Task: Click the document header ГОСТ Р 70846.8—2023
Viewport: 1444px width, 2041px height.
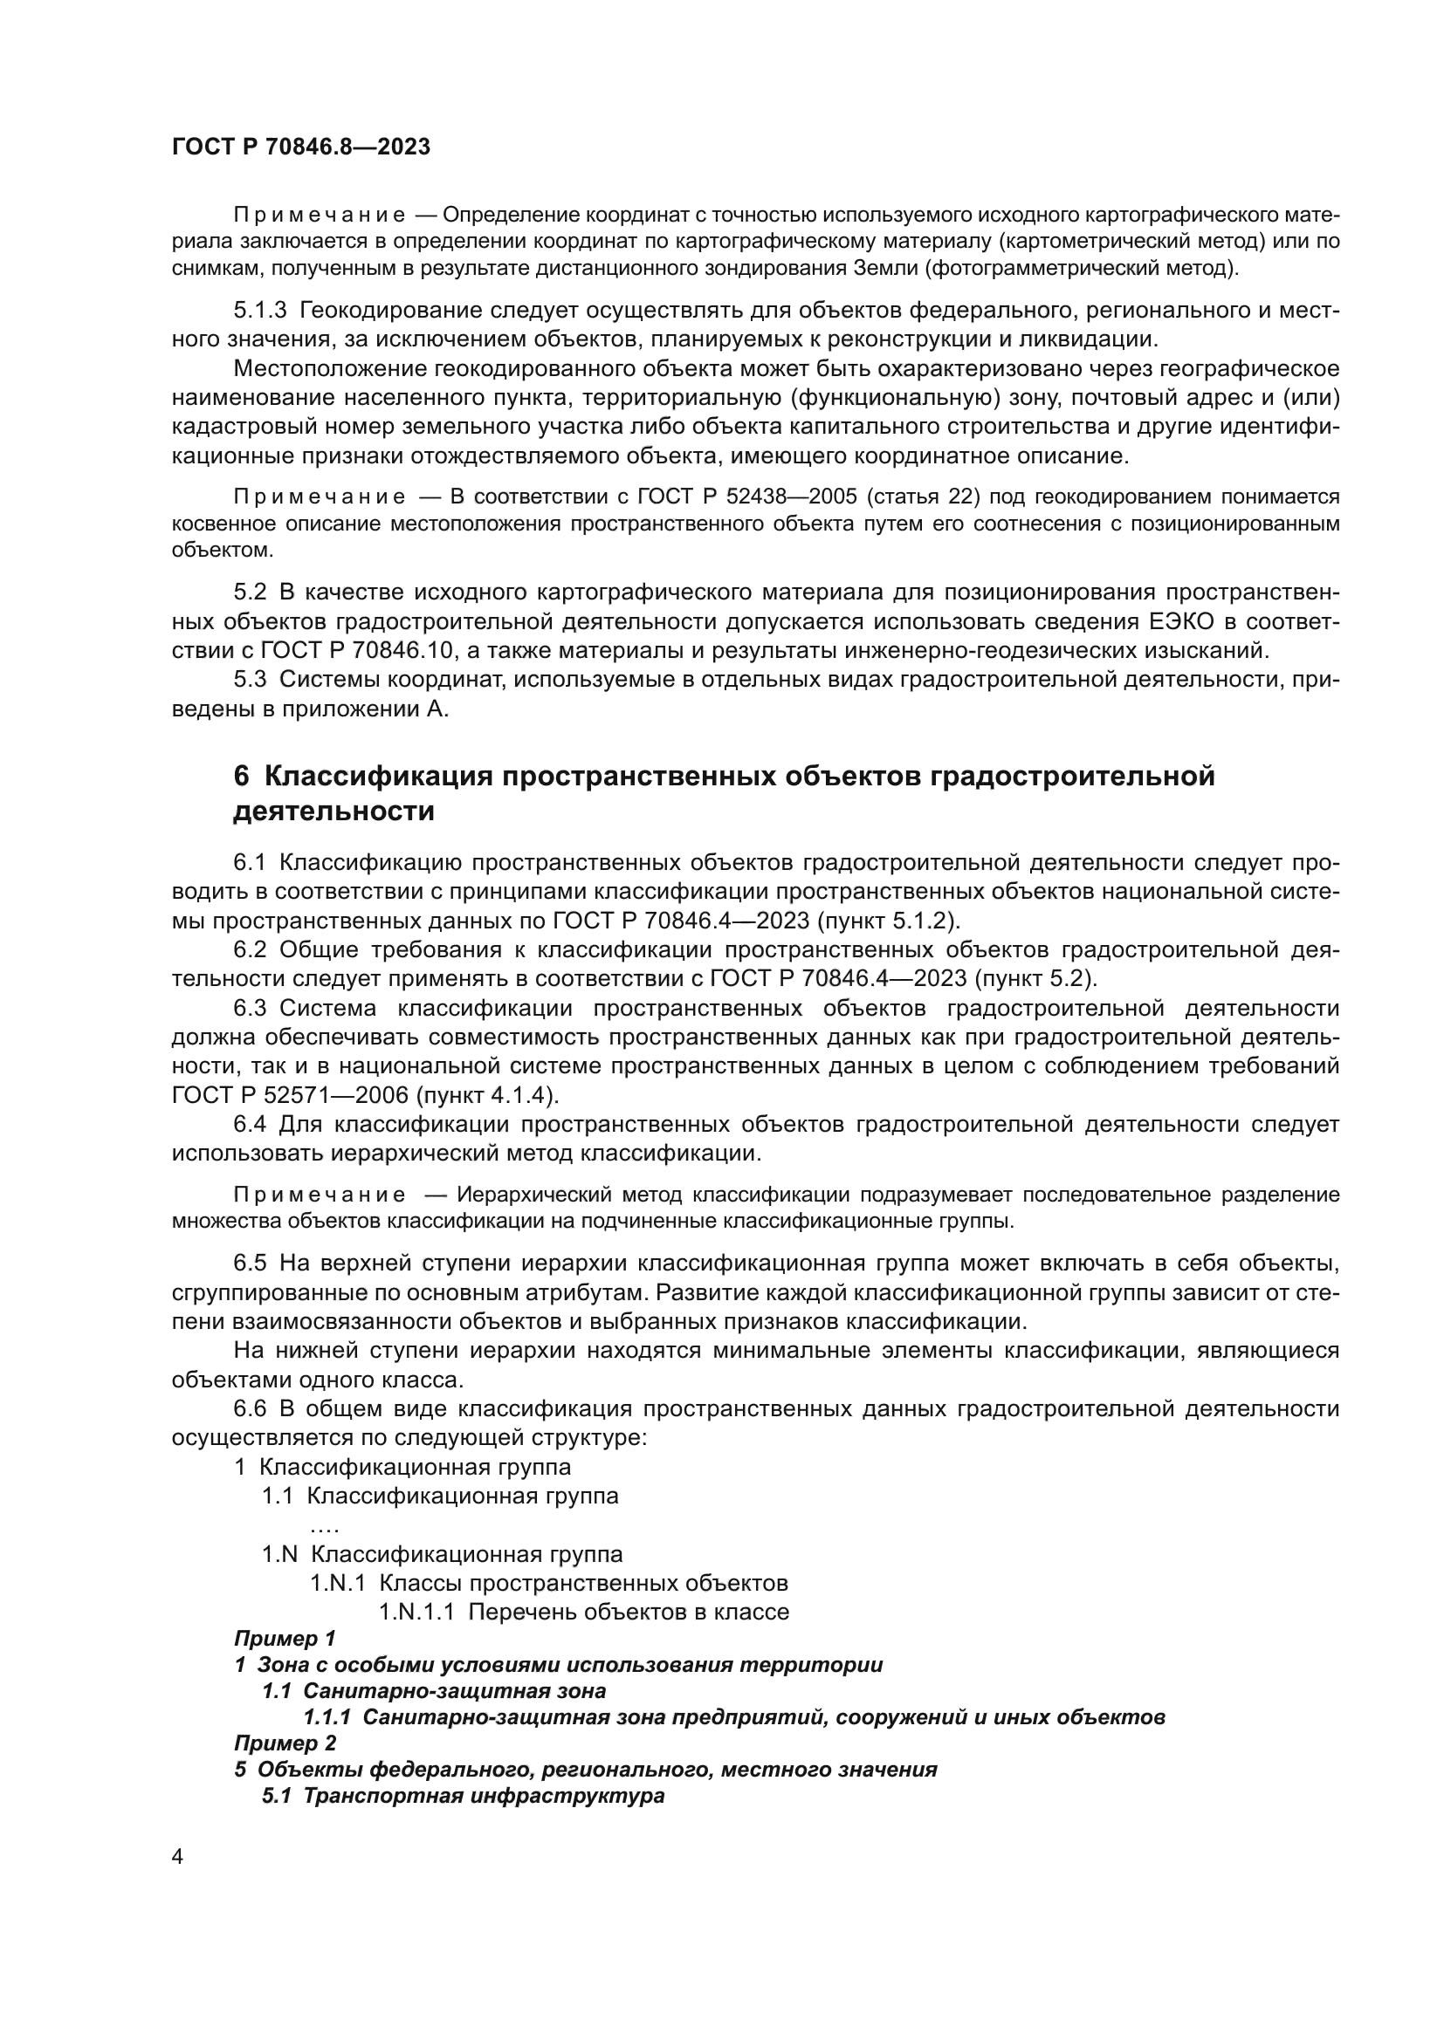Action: click(300, 147)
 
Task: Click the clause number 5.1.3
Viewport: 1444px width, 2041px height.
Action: click(259, 311)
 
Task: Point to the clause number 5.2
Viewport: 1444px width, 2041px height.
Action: click(250, 592)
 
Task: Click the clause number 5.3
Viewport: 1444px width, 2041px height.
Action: click(250, 680)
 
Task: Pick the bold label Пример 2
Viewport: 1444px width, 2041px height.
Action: click(285, 1743)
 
